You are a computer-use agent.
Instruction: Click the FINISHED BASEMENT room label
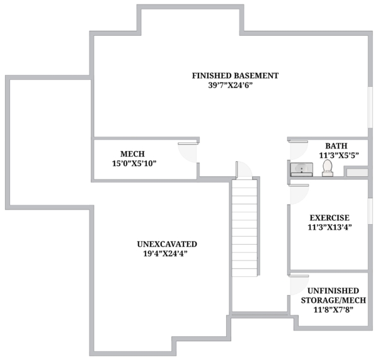(x=235, y=76)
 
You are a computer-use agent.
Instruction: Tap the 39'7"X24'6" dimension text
(x=230, y=85)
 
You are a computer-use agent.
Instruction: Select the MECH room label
(x=132, y=154)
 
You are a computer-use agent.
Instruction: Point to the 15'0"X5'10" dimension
(x=134, y=164)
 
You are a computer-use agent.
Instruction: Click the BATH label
(x=336, y=146)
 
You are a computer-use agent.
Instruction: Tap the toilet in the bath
(x=328, y=168)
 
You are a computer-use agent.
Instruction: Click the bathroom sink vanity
(x=302, y=169)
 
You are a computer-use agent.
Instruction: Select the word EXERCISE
(x=329, y=218)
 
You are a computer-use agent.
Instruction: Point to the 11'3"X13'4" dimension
(x=329, y=227)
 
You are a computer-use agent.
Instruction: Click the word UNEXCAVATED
(x=167, y=244)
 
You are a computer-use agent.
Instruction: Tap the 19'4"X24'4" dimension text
(x=165, y=254)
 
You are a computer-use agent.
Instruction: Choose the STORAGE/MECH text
(x=333, y=300)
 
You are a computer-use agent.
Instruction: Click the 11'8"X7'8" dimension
(x=333, y=310)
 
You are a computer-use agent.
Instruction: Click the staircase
(x=244, y=228)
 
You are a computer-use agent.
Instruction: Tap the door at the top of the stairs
(x=244, y=170)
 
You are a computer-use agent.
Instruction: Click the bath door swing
(x=299, y=150)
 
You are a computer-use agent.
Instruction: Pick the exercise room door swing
(x=299, y=194)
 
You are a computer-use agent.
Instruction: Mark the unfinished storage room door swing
(x=299, y=285)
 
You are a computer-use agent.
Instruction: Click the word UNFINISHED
(x=333, y=291)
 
